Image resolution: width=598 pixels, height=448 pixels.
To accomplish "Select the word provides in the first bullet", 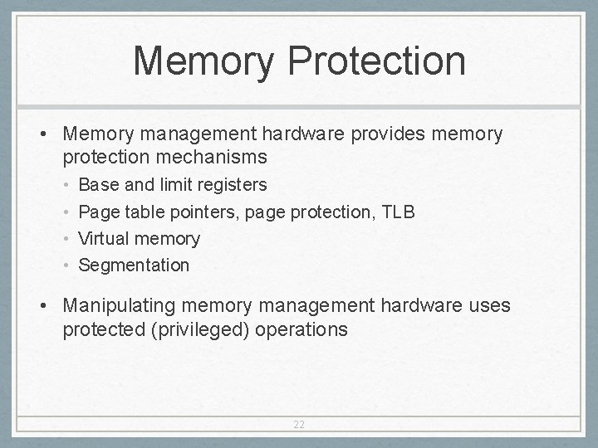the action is coord(375,134).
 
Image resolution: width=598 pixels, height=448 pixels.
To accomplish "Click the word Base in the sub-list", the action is coord(98,184).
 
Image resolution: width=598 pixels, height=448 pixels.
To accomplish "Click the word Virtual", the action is coord(104,239).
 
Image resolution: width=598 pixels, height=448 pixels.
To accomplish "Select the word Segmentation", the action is coord(134,265).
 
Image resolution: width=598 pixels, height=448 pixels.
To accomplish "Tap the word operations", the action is coord(301,329).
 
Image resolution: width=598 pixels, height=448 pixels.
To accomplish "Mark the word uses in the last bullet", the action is coord(488,306).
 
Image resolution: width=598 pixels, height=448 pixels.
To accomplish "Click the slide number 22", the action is coord(299,424).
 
